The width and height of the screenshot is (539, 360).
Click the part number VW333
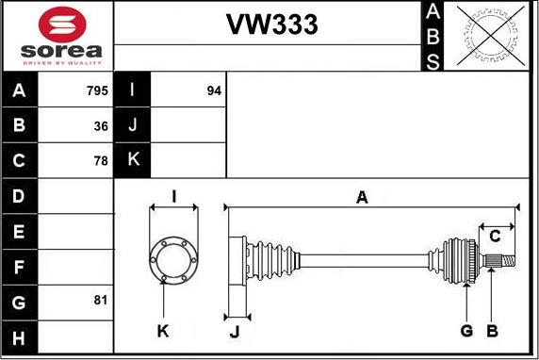271,25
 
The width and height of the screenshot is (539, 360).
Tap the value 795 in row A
96,91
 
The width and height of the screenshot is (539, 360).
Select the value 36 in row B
101,125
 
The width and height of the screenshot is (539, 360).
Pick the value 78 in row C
101,160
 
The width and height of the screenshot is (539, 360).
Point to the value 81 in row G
101,300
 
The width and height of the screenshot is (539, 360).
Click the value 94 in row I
214,91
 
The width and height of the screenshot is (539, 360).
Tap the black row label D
20,196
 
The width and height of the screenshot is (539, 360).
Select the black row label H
20,336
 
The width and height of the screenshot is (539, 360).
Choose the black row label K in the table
132,160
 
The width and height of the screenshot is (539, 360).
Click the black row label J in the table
132,125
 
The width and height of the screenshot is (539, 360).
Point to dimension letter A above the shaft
361,197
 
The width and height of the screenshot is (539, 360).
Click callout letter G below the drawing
465,330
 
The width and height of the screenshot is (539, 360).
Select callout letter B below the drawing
491,330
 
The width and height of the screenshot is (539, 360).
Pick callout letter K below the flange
163,330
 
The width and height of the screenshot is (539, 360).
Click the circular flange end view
173,258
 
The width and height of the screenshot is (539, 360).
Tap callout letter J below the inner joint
236,330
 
